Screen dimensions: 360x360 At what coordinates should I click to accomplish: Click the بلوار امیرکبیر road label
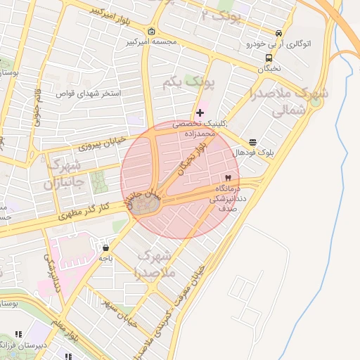(103, 11)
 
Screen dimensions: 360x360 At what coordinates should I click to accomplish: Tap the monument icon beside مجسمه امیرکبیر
(153, 32)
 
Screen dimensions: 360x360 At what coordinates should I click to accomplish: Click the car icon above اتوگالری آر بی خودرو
(279, 33)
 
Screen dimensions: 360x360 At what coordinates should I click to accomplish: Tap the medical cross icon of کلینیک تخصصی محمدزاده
(200, 112)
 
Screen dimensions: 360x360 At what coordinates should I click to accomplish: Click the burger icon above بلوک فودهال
(253, 142)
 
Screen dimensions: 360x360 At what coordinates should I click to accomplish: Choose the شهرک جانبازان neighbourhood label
(64, 176)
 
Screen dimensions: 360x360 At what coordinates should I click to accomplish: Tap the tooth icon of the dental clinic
(227, 179)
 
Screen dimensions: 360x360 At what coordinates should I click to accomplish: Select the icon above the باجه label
(105, 247)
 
